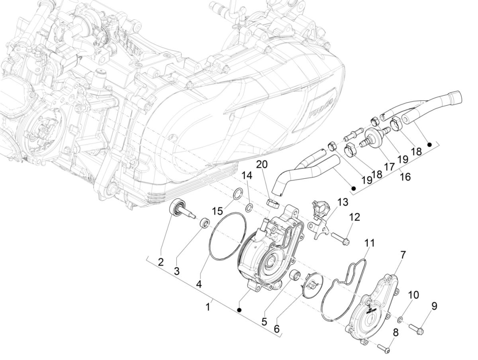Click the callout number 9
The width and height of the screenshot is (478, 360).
(434, 306)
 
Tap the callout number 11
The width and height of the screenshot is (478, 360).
(370, 243)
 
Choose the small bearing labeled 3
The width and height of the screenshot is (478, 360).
(206, 223)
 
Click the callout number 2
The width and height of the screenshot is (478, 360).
(160, 262)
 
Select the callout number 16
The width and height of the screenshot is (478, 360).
(405, 176)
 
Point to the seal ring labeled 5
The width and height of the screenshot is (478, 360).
(295, 275)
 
